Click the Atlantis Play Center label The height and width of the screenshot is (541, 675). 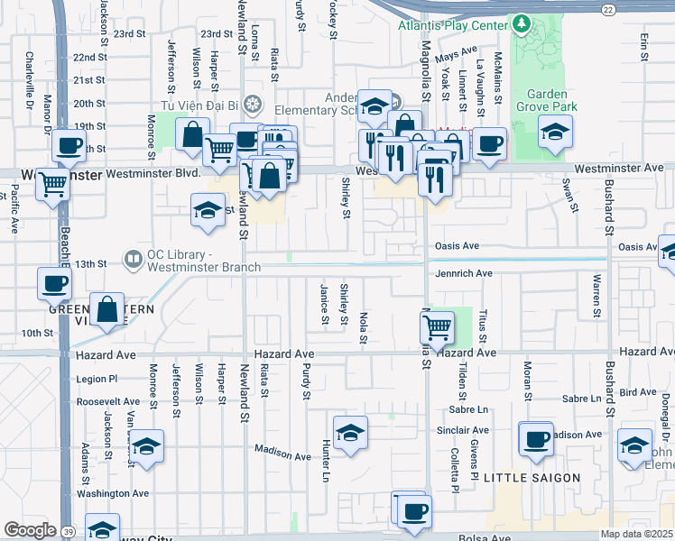coord(454,25)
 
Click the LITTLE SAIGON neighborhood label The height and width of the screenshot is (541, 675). coord(529,476)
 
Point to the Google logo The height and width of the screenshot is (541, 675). coord(29,530)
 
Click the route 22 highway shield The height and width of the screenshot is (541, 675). coord(610,9)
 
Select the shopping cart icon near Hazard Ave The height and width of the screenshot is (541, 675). coord(438,327)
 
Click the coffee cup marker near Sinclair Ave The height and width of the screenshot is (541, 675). coord(536,439)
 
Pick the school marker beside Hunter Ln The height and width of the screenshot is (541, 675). coord(350,432)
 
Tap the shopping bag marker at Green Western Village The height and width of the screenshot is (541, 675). coord(107,310)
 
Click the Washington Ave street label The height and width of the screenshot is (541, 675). coord(113,493)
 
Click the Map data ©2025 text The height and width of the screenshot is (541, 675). coord(637,534)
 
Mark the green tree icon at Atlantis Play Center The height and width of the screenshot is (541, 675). coord(521,22)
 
